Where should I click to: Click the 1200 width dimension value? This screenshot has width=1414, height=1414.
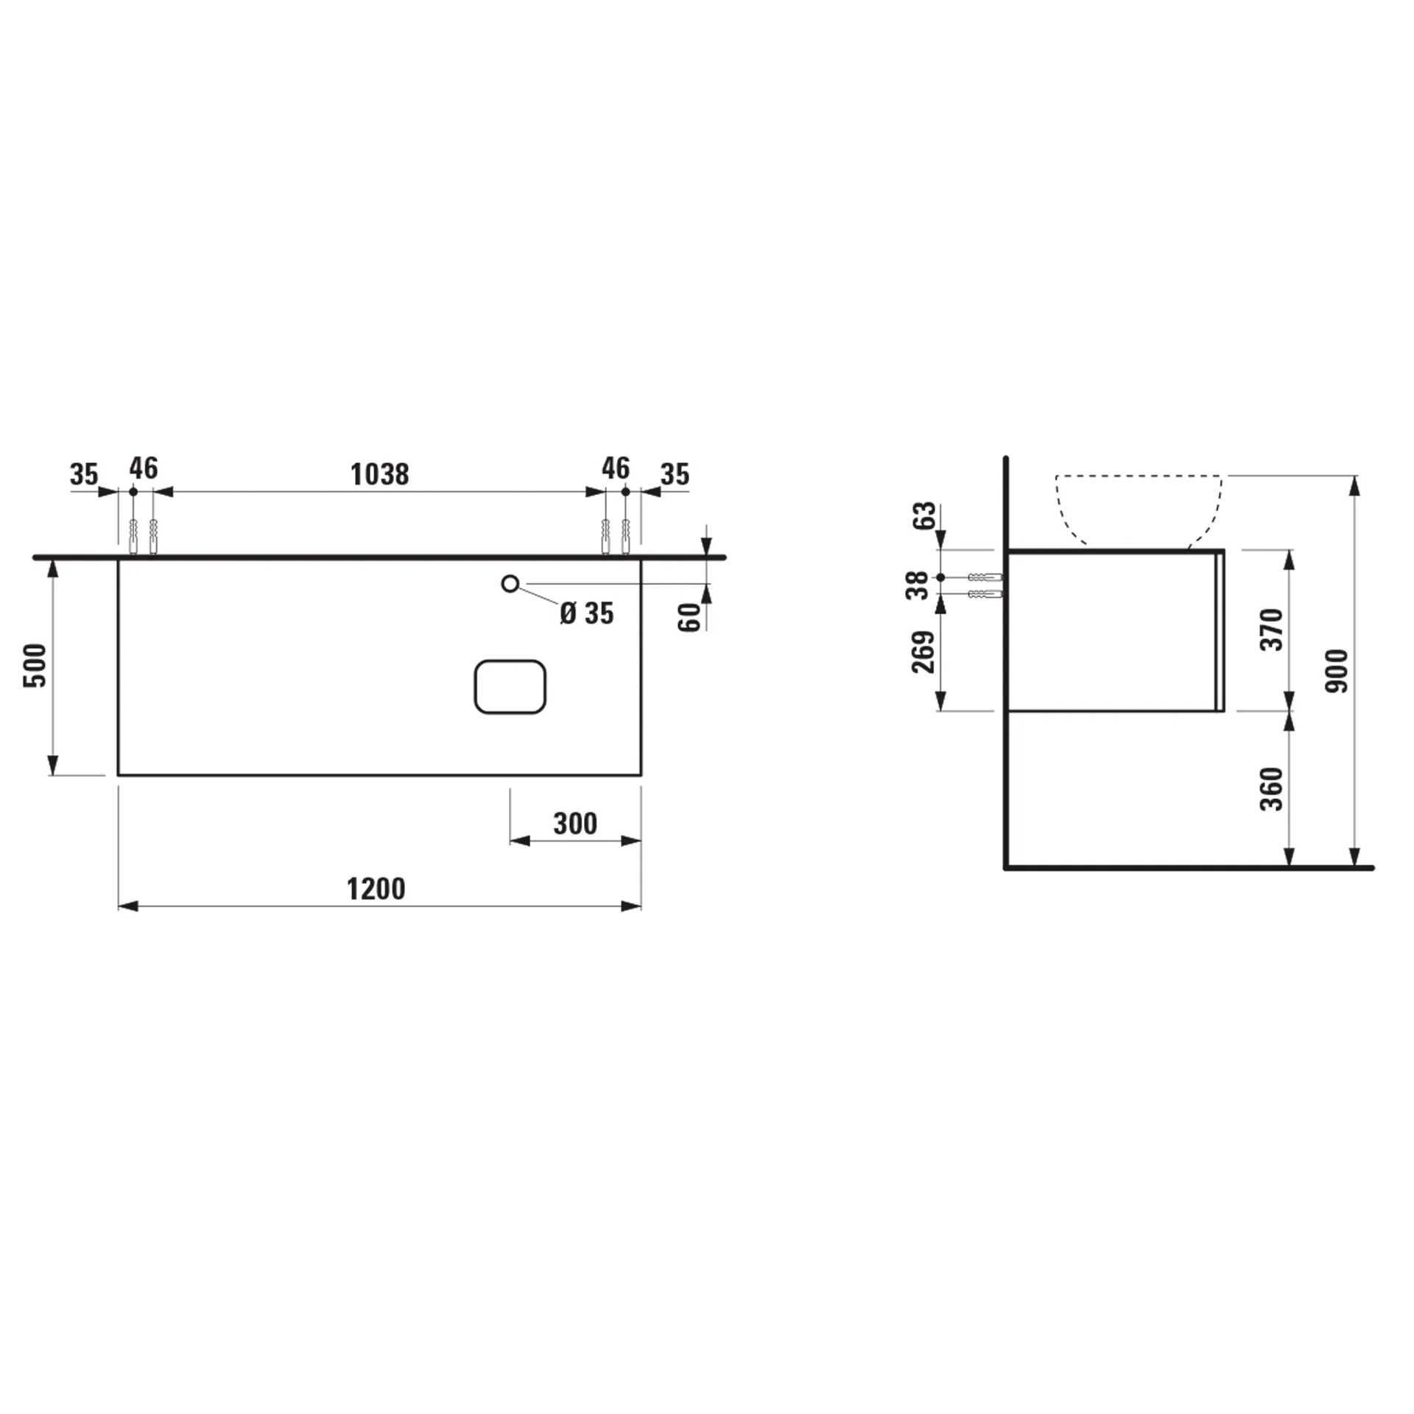376,889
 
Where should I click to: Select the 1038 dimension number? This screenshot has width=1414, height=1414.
379,474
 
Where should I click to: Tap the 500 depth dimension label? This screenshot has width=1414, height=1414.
35,665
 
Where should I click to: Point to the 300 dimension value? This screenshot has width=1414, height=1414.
575,823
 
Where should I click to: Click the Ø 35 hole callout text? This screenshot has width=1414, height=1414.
586,613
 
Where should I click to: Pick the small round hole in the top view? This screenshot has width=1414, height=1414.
510,584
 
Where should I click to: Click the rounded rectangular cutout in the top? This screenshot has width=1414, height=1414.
510,686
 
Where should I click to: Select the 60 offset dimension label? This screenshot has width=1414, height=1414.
689,616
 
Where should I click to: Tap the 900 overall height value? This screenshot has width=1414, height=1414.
1335,670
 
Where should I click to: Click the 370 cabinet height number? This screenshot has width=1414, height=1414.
1272,630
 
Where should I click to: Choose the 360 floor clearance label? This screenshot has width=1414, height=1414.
1272,789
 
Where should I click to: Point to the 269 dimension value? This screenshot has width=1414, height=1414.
923,652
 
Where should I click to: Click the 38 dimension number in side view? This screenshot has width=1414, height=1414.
918,585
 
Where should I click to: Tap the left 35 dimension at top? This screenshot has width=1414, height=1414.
84,474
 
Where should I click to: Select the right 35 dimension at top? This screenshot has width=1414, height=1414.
675,474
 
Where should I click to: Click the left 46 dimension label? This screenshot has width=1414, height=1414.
144,468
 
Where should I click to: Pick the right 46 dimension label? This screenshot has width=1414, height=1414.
616,468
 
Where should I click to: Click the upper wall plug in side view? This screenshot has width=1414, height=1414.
985,577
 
